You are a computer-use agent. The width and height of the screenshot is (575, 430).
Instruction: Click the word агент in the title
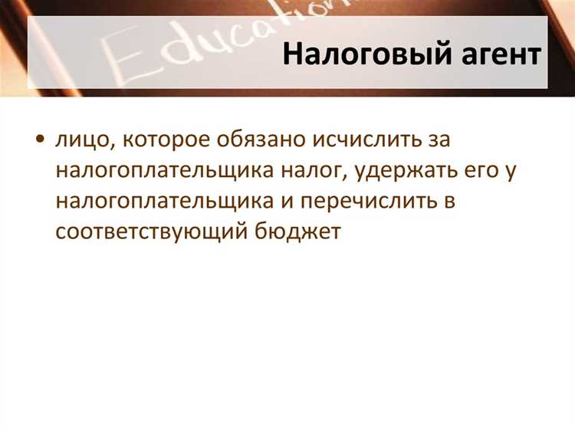[x=488, y=55]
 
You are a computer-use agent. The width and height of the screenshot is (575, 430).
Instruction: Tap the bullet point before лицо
[x=40, y=140]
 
